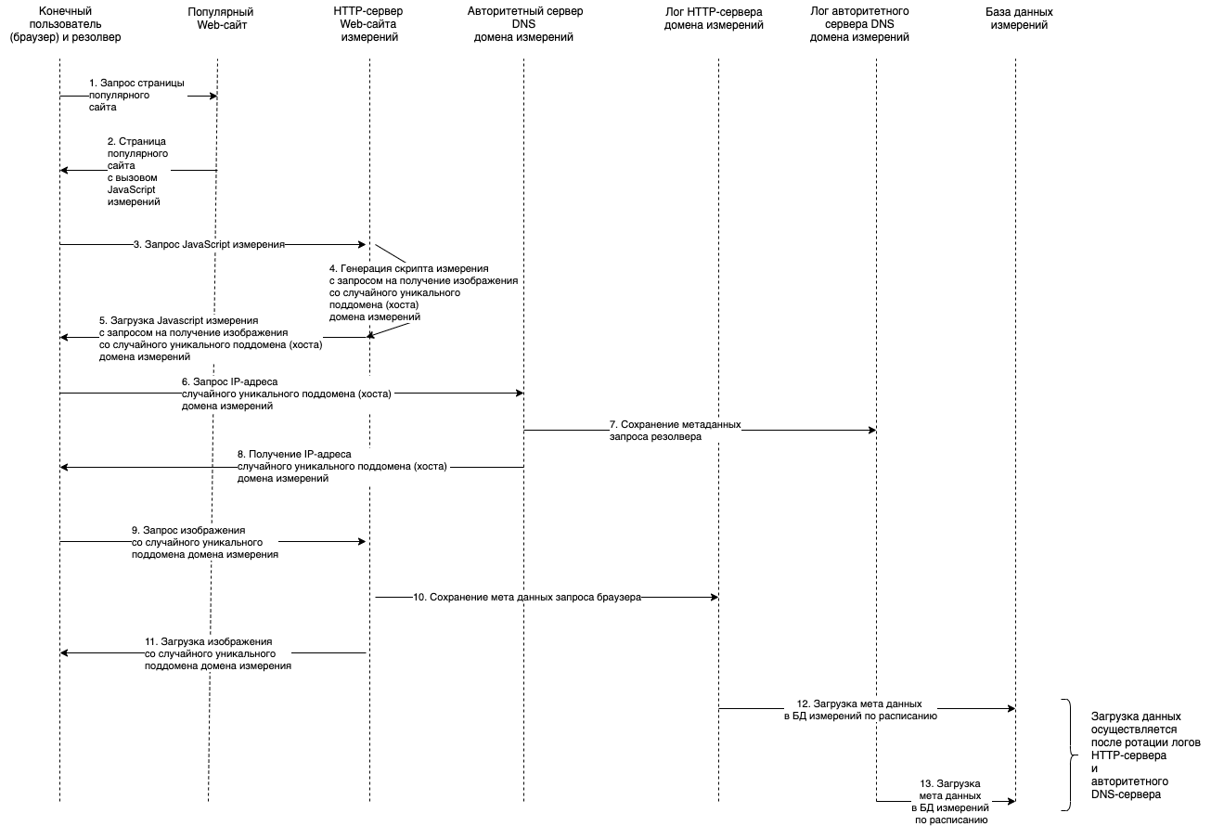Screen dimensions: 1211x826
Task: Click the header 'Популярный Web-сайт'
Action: click(x=221, y=19)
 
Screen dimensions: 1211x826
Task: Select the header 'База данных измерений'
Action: click(x=1019, y=19)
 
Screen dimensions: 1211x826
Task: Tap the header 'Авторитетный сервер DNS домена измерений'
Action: click(x=524, y=24)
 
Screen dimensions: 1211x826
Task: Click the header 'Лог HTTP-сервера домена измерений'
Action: click(x=714, y=19)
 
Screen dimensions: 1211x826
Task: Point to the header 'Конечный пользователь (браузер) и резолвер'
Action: click(x=65, y=24)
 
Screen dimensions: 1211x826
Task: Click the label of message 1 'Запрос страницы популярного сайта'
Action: click(x=136, y=96)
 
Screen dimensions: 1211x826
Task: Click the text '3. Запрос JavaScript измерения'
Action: click(x=209, y=244)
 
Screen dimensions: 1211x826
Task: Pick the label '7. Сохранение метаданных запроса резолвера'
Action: click(x=676, y=431)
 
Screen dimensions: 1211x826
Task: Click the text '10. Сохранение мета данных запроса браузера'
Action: click(x=527, y=598)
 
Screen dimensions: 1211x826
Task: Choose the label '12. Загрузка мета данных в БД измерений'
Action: click(x=860, y=710)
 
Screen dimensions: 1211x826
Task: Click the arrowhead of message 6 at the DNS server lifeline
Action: click(x=520, y=393)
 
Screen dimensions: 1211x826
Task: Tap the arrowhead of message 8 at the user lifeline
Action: click(x=64, y=467)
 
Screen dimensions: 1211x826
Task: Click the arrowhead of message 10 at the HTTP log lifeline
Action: click(x=715, y=598)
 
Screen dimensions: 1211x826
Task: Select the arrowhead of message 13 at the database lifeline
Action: click(x=1011, y=801)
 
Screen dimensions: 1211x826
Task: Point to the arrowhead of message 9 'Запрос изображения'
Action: click(x=362, y=542)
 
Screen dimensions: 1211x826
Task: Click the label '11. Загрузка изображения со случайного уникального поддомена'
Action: click(x=218, y=653)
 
